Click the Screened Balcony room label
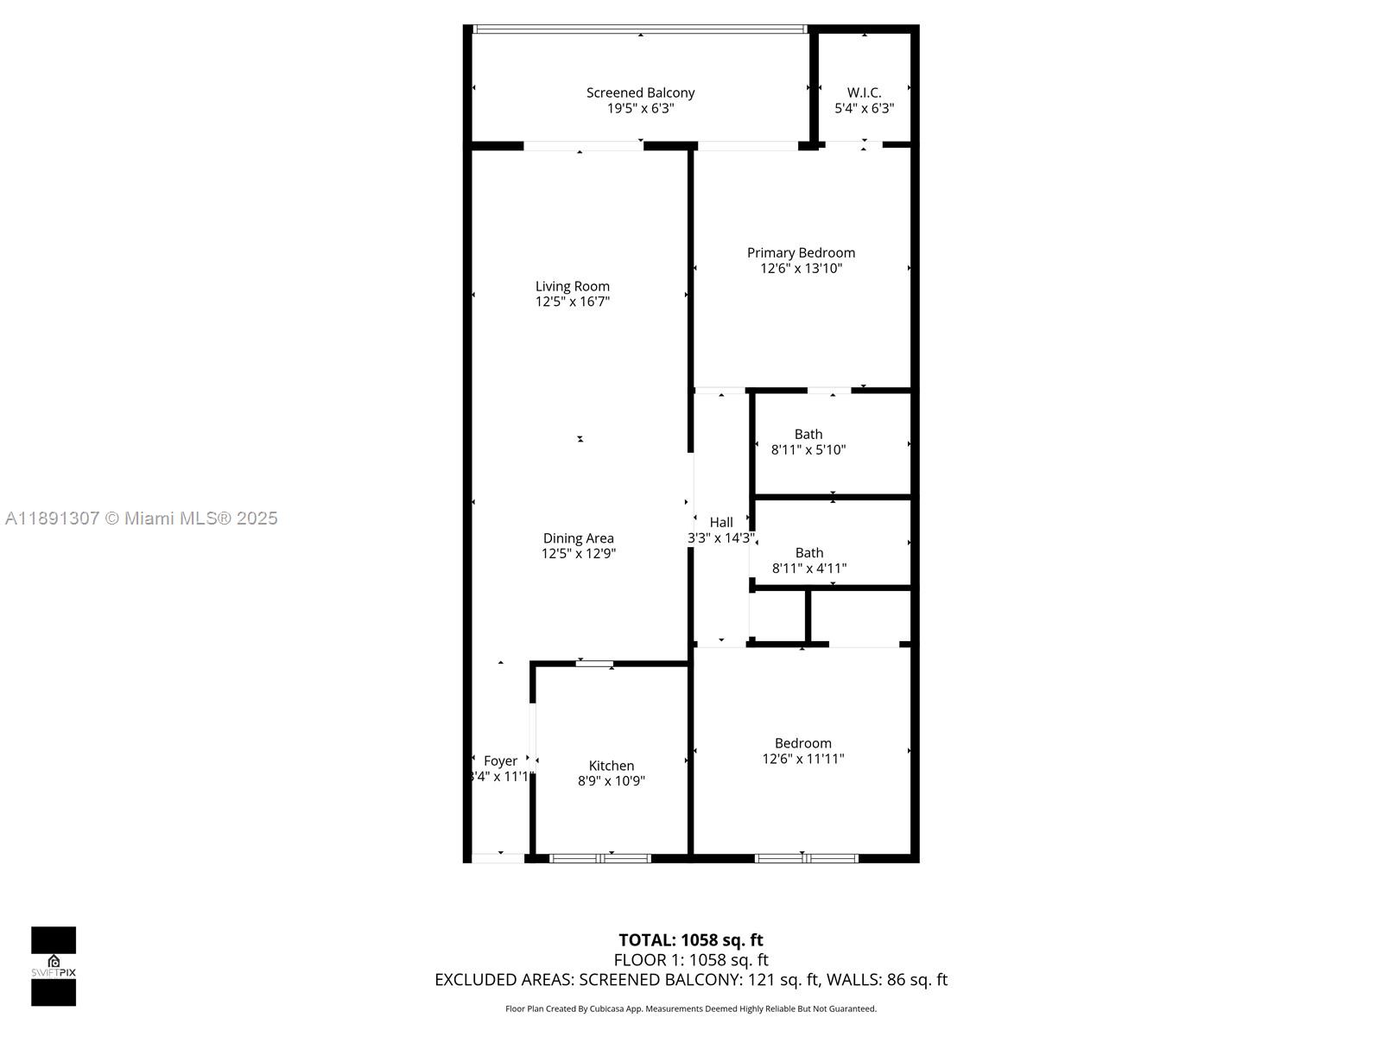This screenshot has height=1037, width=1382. [640, 92]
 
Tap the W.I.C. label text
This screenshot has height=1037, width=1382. [864, 92]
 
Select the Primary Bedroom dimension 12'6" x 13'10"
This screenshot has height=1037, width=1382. [801, 269]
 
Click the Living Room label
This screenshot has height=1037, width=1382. [572, 286]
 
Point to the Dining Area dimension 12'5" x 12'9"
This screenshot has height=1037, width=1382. [578, 554]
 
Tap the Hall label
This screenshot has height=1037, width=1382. [721, 522]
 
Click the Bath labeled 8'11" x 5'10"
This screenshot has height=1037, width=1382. [808, 442]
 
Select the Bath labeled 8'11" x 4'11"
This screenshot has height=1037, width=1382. [809, 560]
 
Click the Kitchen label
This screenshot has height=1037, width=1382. [612, 766]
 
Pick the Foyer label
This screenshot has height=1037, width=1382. [500, 760]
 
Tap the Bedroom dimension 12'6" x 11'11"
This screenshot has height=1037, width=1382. [802, 759]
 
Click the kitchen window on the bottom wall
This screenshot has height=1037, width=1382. [600, 858]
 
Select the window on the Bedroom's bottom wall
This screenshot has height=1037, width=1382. [806, 858]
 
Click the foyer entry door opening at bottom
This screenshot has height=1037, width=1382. [498, 858]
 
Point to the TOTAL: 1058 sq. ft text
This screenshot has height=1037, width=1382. [690, 940]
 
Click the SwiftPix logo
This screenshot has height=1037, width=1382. [54, 966]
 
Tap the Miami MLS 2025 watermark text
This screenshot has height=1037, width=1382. [142, 518]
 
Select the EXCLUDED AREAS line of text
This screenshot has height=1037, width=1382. [690, 980]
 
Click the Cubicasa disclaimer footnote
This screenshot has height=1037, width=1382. [690, 1008]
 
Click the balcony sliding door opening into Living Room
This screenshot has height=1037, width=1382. [583, 146]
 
